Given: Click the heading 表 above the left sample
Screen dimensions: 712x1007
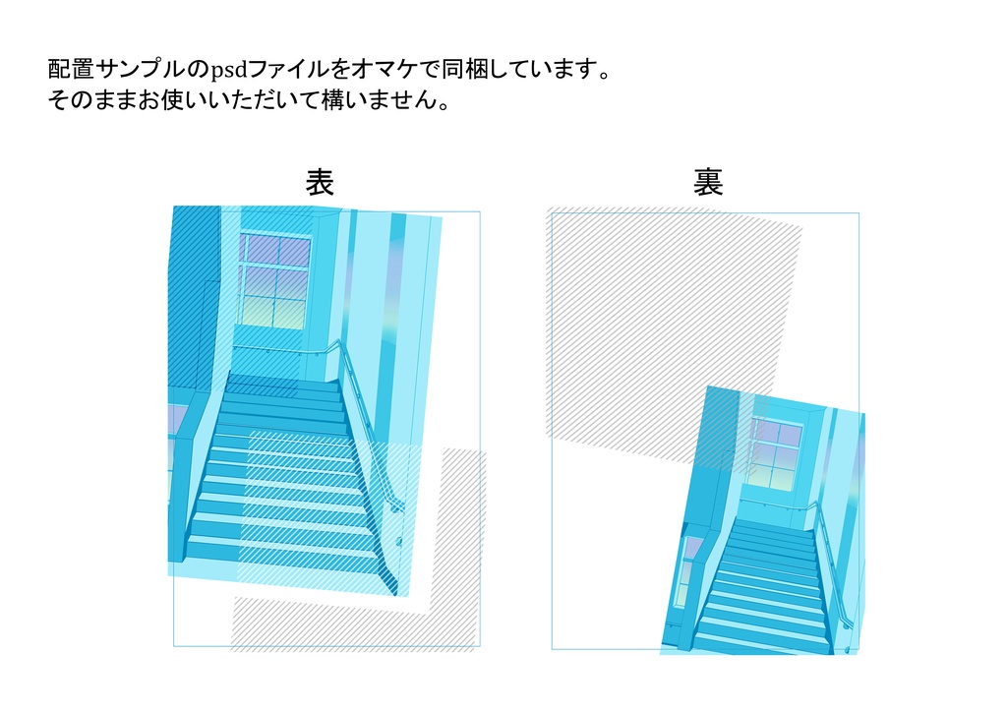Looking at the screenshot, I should point(320,182).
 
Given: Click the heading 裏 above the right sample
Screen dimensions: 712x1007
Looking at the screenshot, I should point(708,182).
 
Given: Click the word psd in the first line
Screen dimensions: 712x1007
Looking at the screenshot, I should point(229,71).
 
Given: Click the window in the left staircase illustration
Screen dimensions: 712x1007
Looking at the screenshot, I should point(272,281).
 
